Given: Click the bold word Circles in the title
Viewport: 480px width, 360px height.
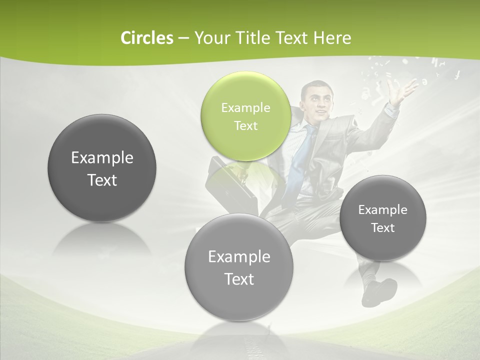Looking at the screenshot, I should (146, 38).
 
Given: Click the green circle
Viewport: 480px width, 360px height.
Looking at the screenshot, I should (245, 116).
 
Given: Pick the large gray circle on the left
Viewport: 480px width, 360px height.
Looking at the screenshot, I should (102, 168).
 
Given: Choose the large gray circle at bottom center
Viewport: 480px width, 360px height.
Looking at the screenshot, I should (239, 267).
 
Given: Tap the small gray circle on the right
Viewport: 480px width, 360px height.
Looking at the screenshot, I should (383, 218).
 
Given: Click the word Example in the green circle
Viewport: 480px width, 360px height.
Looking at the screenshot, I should (245, 107).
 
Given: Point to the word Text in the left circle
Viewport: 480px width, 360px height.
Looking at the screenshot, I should (102, 180).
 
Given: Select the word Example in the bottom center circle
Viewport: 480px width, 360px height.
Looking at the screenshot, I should (239, 256).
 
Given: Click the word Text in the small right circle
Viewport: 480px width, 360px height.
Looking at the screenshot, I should (383, 228).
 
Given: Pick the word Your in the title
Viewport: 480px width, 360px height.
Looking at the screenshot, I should (210, 38).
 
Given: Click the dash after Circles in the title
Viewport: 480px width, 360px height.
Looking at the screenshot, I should (183, 38).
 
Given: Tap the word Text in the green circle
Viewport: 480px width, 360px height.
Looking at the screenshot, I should (245, 125).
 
